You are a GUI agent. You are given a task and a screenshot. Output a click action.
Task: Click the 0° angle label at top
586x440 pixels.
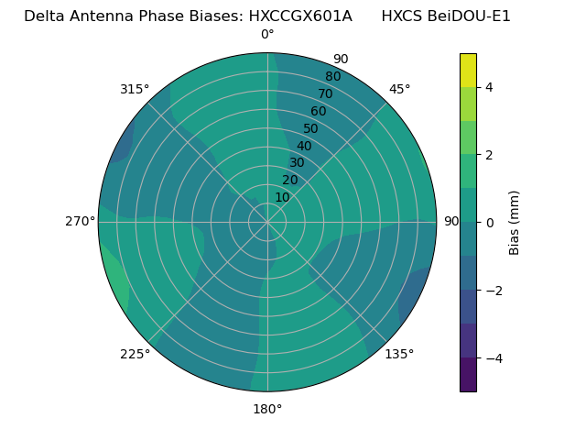coord(267,35)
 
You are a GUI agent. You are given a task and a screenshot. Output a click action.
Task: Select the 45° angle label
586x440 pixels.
coord(399,89)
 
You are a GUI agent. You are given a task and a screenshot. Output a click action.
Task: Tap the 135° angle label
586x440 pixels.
coord(399,354)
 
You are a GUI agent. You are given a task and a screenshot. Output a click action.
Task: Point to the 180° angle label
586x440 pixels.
coord(267,409)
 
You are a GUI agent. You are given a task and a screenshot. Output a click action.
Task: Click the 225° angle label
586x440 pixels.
coord(135,354)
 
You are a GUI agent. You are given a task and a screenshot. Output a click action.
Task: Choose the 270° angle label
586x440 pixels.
coord(80,221)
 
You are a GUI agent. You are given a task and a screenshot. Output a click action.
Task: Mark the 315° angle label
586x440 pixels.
coord(135,89)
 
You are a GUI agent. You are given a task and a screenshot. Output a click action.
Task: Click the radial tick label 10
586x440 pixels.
coord(282,197)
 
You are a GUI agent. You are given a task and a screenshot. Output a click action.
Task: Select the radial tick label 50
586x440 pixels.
coord(311,129)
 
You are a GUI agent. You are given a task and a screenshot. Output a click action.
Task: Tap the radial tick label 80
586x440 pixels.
coord(332,77)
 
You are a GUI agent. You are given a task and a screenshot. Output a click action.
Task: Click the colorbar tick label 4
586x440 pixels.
coord(490,87)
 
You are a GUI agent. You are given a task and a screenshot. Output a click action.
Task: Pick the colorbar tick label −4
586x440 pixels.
coord(492,357)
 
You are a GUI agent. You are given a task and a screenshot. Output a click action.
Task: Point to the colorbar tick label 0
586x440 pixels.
coord(490,222)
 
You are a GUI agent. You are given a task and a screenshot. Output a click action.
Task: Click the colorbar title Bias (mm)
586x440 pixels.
coord(515,222)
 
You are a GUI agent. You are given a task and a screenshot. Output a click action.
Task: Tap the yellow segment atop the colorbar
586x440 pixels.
coord(468,70)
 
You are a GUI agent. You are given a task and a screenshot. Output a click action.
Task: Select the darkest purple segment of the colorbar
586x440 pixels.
coord(468,374)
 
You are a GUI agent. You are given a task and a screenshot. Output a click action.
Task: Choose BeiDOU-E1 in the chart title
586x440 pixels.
coord(466,16)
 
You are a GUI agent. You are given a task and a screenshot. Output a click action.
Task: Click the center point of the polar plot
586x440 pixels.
coord(267,222)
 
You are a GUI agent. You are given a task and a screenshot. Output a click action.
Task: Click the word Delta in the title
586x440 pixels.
coord(43,16)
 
